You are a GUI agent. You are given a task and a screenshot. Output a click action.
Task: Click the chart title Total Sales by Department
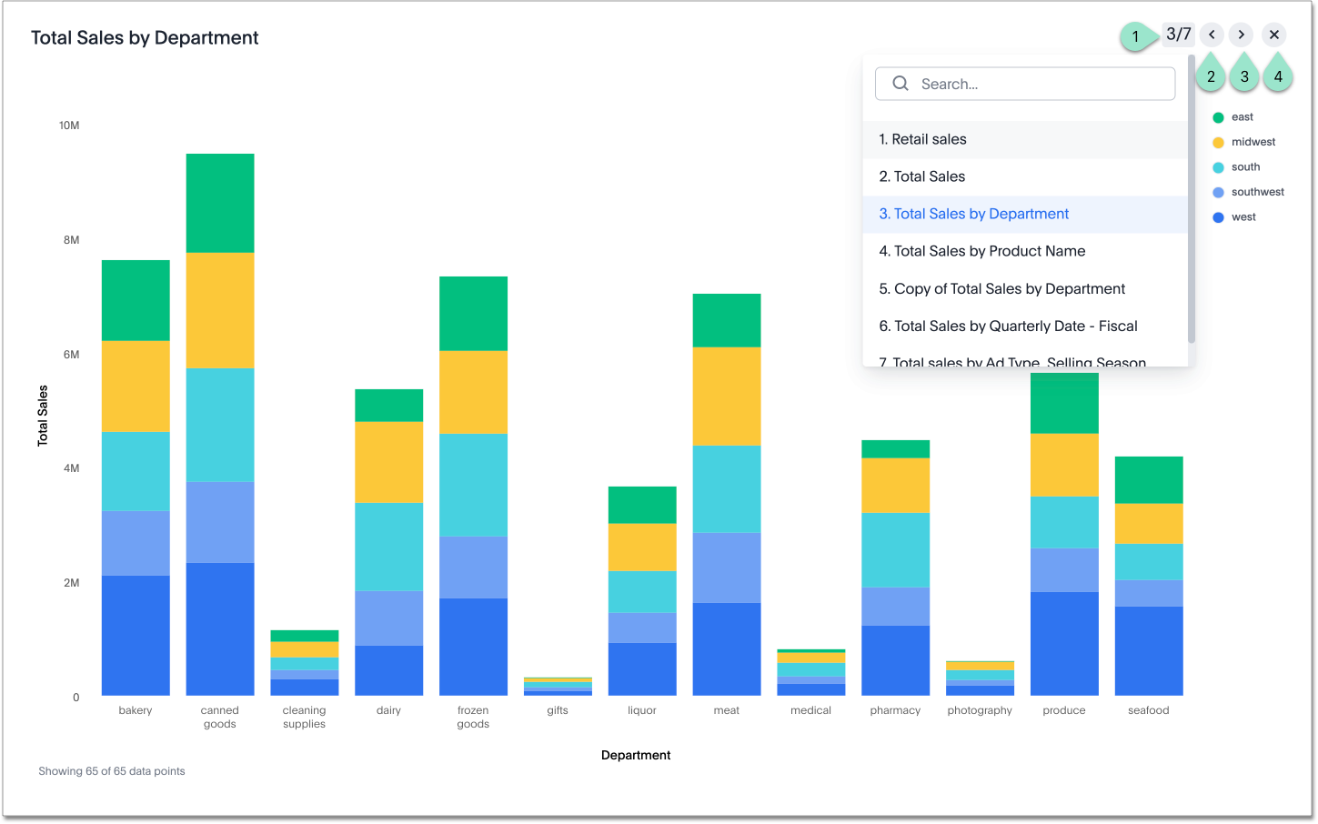tap(145, 38)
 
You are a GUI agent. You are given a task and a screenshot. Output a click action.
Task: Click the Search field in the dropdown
tap(1037, 84)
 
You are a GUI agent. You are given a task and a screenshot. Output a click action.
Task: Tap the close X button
tap(1274, 35)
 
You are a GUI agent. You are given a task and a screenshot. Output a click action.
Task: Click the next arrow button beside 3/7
tap(1241, 35)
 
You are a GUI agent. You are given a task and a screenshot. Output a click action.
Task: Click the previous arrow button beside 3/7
tap(1212, 35)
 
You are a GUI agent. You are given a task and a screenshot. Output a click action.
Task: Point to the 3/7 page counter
tap(1178, 35)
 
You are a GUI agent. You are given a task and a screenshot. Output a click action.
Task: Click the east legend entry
tap(1242, 117)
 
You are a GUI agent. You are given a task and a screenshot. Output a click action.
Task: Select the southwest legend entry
tap(1257, 192)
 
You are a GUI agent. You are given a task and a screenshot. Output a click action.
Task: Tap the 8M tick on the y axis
tap(71, 240)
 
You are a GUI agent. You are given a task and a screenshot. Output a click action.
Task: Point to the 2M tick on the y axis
tap(71, 583)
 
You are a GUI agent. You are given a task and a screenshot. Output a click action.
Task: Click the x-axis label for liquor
tap(641, 710)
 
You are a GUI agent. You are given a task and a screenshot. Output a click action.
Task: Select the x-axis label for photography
tap(980, 710)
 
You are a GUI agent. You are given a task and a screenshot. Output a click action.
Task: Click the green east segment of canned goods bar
tap(220, 203)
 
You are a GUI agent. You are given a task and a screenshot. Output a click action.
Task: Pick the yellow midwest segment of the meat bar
tap(727, 396)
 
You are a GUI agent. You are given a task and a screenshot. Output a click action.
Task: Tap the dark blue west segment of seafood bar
tap(1149, 650)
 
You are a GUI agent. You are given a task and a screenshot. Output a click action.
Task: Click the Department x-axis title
tap(636, 755)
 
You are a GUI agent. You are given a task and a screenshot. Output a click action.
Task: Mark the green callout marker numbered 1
tap(1135, 36)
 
